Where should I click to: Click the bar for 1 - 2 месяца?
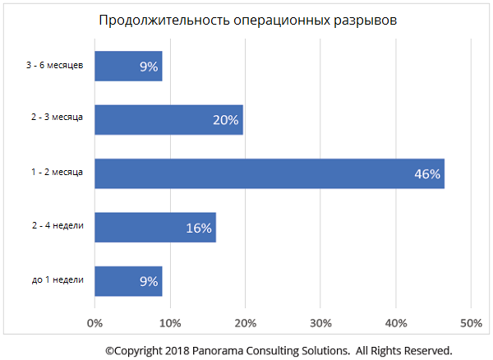(x=270, y=173)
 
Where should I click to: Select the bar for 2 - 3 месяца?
(x=168, y=120)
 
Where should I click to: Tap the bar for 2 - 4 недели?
(x=155, y=228)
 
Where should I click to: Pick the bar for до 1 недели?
(x=128, y=281)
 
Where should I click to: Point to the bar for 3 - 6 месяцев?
(x=128, y=67)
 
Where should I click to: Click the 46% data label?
(x=427, y=174)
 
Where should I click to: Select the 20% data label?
(x=225, y=120)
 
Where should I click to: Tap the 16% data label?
(x=199, y=228)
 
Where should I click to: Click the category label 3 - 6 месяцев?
(x=55, y=65)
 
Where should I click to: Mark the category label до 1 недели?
(x=58, y=280)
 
